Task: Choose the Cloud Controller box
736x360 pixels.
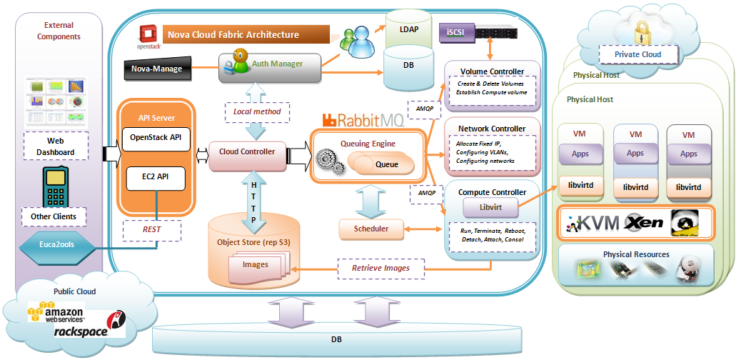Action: coord(247,152)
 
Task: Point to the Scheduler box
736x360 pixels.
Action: coord(371,229)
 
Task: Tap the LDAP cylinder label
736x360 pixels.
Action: coord(410,29)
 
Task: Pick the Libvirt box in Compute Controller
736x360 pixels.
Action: coord(489,208)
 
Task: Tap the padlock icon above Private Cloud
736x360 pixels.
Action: coord(638,31)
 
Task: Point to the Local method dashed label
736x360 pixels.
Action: coord(257,111)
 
